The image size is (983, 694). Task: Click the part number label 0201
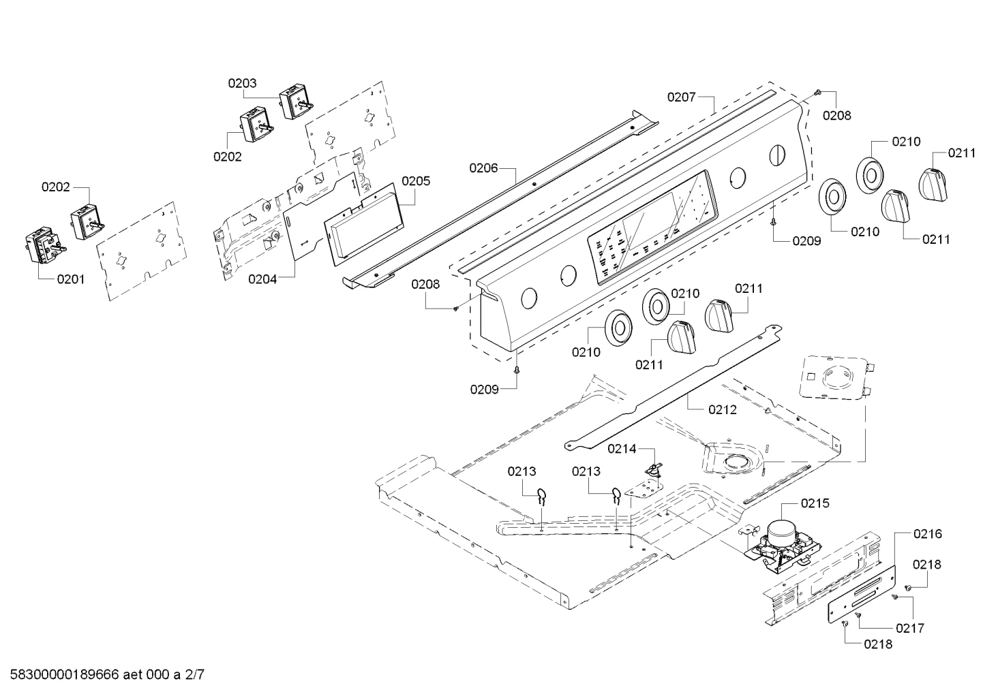[x=71, y=279]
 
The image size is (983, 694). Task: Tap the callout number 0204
[x=262, y=279]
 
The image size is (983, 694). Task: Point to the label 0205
[x=416, y=180]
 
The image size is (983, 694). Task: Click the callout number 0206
[x=483, y=168]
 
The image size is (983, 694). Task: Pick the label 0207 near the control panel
[x=682, y=97]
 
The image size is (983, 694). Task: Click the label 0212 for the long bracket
[x=723, y=409]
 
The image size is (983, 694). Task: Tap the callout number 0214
[x=622, y=449]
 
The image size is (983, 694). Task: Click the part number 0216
[x=928, y=533]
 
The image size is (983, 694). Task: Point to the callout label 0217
[x=910, y=628]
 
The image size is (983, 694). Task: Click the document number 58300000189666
[x=65, y=674]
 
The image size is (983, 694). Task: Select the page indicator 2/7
[x=194, y=674]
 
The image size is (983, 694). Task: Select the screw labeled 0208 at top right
[x=817, y=92]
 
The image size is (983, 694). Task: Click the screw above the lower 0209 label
[x=517, y=370]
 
